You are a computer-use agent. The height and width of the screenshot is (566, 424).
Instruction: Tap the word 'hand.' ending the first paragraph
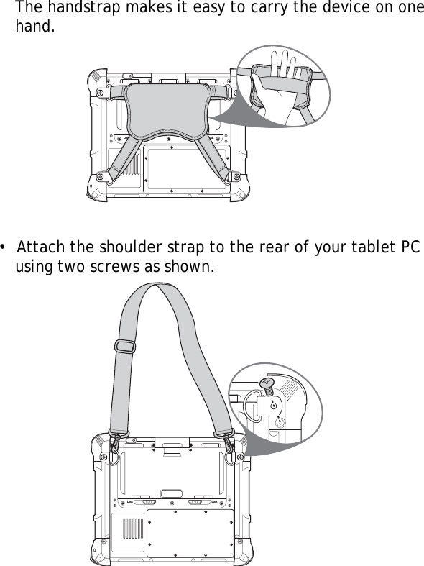click(x=35, y=30)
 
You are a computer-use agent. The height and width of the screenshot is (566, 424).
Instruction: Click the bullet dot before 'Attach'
click(x=5, y=249)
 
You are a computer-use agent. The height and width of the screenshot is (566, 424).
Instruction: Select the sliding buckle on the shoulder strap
click(x=124, y=347)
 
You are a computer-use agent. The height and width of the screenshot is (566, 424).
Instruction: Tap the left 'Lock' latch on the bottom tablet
click(x=143, y=499)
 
